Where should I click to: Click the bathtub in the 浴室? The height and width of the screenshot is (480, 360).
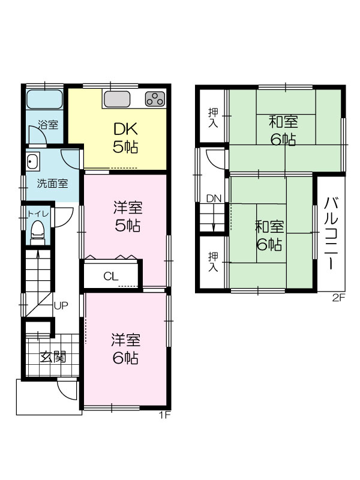pyautogui.click(x=44, y=99)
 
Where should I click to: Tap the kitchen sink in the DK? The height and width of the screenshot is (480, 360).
pyautogui.click(x=117, y=99)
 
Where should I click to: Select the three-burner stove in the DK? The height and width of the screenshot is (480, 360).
pyautogui.click(x=155, y=99)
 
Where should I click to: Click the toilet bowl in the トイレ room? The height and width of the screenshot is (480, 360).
pyautogui.click(x=38, y=231)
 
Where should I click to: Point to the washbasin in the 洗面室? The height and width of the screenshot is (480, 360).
pyautogui.click(x=32, y=161)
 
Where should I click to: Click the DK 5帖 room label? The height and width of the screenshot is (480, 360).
pyautogui.click(x=125, y=138)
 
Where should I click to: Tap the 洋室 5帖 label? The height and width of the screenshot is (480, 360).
pyautogui.click(x=128, y=216)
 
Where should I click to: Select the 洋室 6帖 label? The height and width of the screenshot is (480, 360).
pyautogui.click(x=126, y=349)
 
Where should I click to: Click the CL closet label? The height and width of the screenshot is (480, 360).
pyautogui.click(x=110, y=277)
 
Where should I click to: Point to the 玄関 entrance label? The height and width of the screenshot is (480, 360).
pyautogui.click(x=53, y=357)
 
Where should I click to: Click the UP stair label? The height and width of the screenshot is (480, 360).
pyautogui.click(x=61, y=305)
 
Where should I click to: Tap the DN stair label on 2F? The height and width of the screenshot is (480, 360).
pyautogui.click(x=214, y=199)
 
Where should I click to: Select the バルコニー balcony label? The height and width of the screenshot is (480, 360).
pyautogui.click(x=331, y=233)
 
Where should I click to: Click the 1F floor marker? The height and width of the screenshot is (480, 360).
pyautogui.click(x=164, y=415)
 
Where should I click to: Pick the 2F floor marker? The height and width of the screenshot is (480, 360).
pyautogui.click(x=339, y=297)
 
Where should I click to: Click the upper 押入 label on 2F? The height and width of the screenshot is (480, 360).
pyautogui.click(x=214, y=118)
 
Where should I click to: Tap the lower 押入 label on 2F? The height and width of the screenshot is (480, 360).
pyautogui.click(x=214, y=262)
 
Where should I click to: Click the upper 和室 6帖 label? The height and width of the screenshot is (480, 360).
pyautogui.click(x=283, y=131)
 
